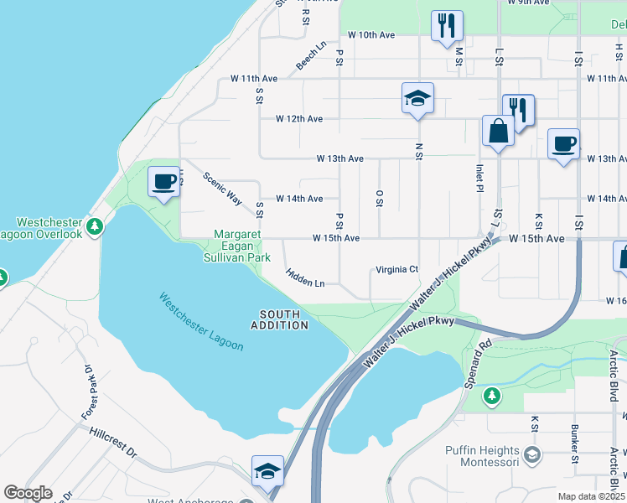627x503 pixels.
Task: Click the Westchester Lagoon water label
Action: click(201, 323)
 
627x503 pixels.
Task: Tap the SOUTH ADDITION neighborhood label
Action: click(278, 319)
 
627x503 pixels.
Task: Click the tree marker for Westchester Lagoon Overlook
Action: click(96, 226)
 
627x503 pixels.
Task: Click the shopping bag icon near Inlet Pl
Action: click(498, 132)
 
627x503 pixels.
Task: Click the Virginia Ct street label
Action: click(396, 269)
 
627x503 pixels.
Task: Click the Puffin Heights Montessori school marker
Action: click(531, 455)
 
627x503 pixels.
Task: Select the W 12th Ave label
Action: click(299, 119)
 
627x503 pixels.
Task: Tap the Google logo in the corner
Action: click(28, 493)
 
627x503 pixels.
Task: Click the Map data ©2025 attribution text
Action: click(590, 496)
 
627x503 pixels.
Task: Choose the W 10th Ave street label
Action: click(370, 35)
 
